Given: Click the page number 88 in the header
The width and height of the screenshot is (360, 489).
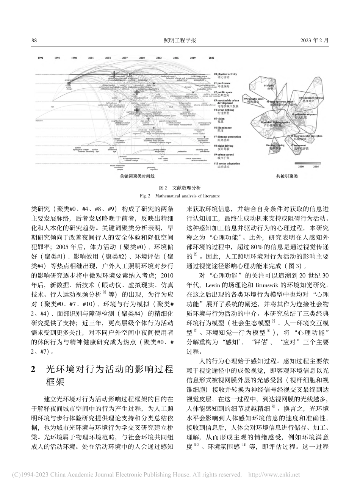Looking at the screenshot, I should (34, 41).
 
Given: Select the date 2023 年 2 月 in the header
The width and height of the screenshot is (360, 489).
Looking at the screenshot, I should (314, 41).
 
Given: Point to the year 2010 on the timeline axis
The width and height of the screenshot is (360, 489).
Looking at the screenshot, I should (142, 58).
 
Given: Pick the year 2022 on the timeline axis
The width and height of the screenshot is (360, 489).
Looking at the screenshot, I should (211, 58).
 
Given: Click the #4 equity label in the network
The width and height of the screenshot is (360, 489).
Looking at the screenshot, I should (270, 86).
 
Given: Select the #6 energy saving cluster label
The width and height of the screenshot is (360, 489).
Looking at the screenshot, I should (274, 145).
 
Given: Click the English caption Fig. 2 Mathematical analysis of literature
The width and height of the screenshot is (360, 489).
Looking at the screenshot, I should (180, 196).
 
